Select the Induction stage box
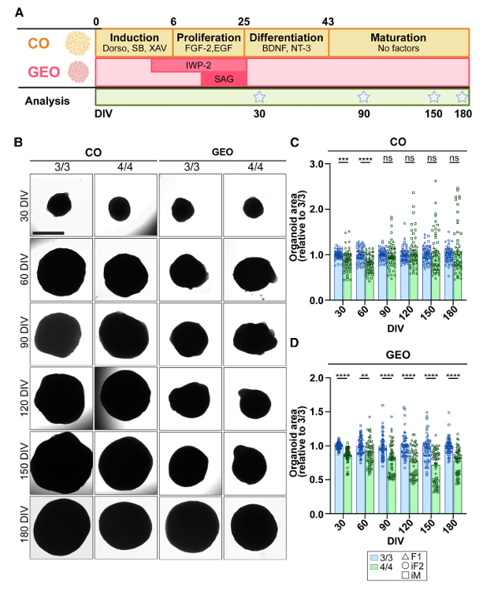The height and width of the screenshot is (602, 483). click(134, 43)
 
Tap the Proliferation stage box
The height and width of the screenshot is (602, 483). click(209, 43)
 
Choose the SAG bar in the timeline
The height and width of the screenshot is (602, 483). click(224, 79)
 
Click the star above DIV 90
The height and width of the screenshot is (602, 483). click(363, 97)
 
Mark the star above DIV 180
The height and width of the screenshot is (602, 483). click(463, 97)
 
